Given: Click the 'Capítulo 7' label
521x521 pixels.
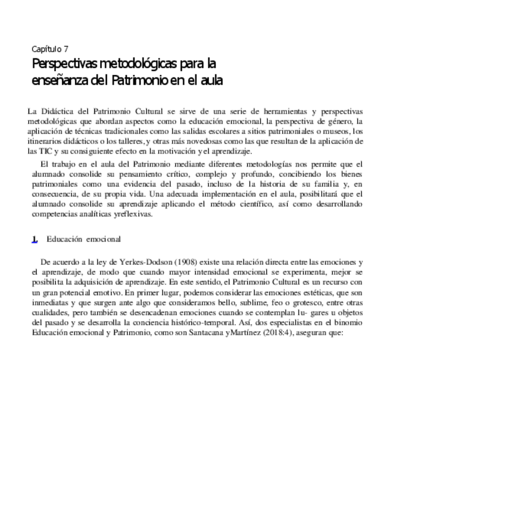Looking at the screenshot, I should (x=50, y=49).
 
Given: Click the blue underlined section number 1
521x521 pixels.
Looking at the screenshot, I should (x=35, y=240).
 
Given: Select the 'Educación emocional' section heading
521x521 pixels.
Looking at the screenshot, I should (x=84, y=239).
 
